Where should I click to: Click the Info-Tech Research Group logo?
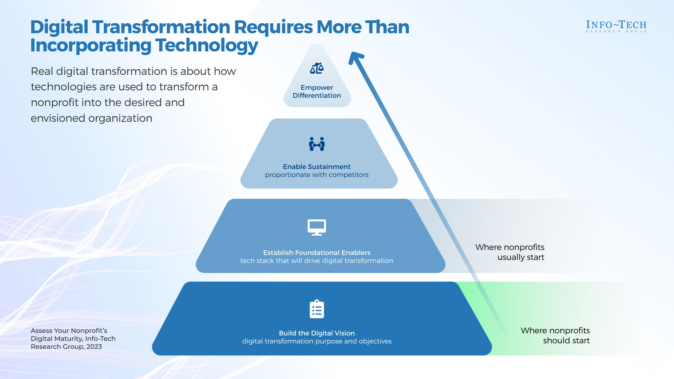616,26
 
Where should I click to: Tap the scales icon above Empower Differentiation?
317,68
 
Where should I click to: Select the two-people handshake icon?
317,144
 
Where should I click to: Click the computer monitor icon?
317,227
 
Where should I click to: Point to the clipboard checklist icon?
317,309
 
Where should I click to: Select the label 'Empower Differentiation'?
317,91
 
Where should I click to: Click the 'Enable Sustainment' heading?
317,167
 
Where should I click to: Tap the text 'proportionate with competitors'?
317,175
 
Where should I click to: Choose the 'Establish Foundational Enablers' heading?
317,253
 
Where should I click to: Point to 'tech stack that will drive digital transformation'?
317,260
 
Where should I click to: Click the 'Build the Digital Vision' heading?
317,333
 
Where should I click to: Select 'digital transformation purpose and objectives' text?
317,341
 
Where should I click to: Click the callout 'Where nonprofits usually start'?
510,252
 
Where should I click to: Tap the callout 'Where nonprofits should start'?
555,335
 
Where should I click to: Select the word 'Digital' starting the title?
59,27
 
